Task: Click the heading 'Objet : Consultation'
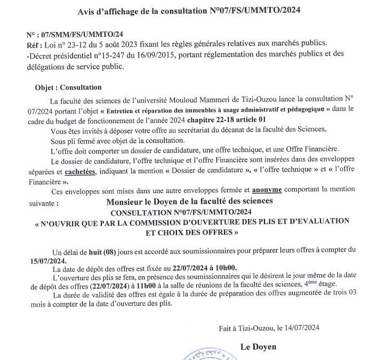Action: click(x=68, y=87)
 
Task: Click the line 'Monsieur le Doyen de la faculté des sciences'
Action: click(x=189, y=201)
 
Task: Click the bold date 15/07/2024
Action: click(x=48, y=260)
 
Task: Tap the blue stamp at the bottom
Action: click(x=210, y=356)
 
